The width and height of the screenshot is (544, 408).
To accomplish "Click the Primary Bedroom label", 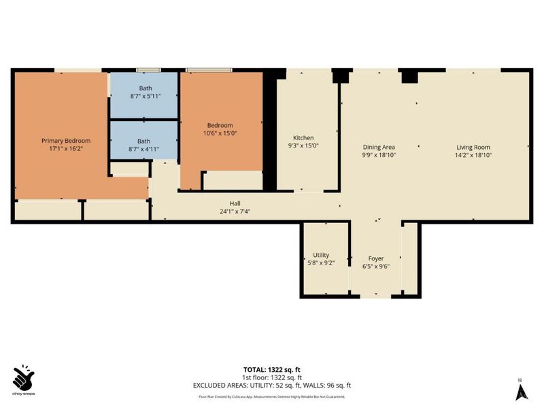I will tap(66, 141).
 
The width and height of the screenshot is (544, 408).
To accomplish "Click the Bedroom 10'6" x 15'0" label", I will tap(220, 125).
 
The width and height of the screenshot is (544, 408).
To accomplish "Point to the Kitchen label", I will tap(303, 137).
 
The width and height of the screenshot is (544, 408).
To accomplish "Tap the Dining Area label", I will tap(379, 147).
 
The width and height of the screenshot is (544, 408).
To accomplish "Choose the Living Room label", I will tap(473, 147).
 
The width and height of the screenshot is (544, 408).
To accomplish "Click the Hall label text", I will tap(235, 203).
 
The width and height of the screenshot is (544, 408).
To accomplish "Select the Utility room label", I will tap(320, 255).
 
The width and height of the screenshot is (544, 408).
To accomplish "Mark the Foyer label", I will tap(376, 258).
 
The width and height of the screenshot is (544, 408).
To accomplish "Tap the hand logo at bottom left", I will tap(24, 377).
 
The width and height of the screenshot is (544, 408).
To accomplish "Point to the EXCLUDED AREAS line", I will tap(272, 385).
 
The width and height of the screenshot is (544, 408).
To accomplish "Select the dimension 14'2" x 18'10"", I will tap(473, 155).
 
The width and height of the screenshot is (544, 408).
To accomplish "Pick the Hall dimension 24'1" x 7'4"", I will tap(235, 211).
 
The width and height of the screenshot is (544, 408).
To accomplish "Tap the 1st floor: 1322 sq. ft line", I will tap(272, 377).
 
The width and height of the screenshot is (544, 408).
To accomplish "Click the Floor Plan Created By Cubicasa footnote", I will tap(272, 396).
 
